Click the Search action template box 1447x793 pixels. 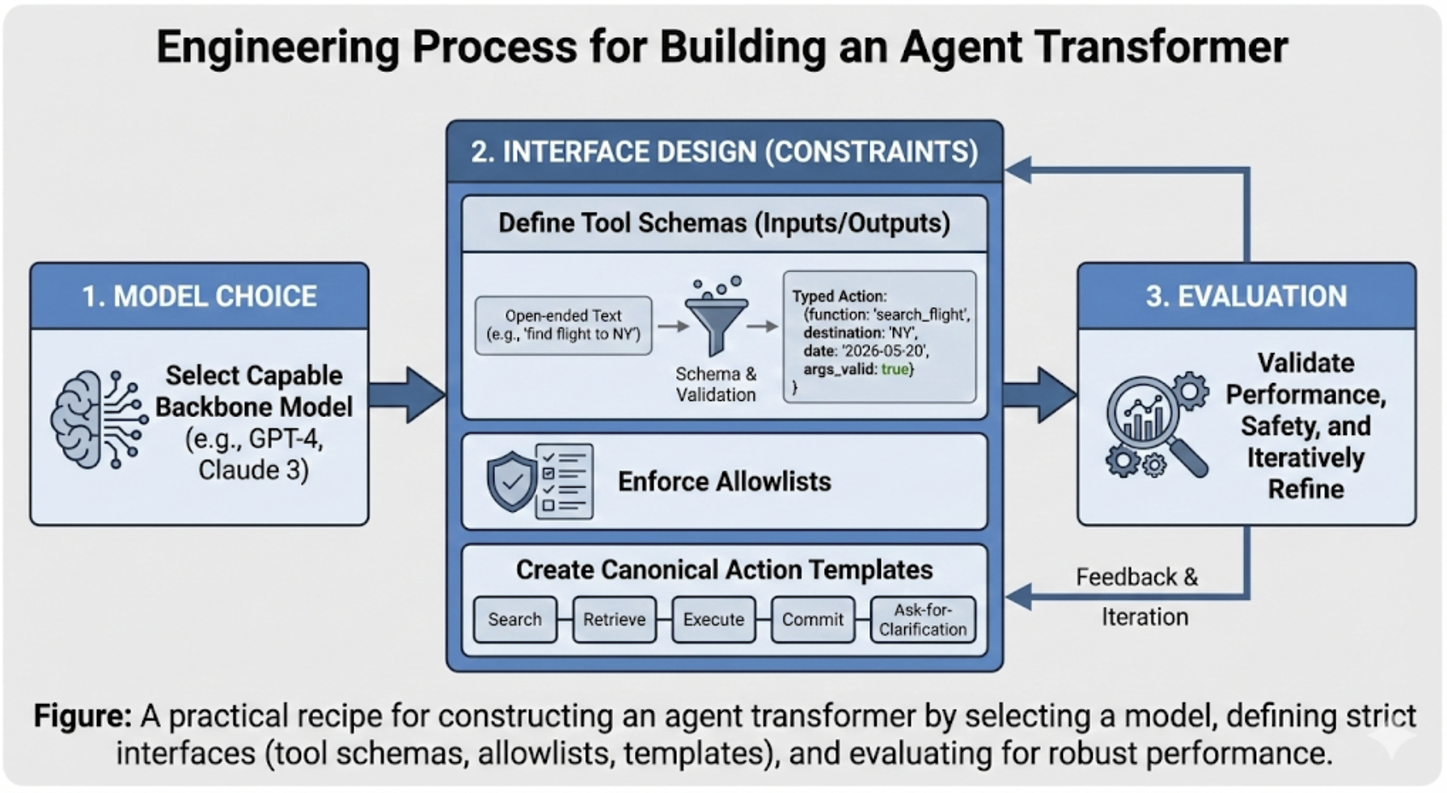(x=514, y=619)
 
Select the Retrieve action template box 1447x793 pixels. (x=614, y=619)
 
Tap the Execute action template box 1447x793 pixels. (x=713, y=619)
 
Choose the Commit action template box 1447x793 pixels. (x=812, y=619)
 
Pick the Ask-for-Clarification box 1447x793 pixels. (x=923, y=619)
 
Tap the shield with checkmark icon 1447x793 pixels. (x=511, y=481)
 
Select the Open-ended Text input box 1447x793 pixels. (x=563, y=325)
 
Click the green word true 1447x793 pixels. (x=895, y=369)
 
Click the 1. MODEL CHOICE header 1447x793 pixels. (x=199, y=296)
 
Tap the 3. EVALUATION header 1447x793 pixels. (x=1246, y=296)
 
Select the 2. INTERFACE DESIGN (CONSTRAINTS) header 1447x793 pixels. (x=724, y=152)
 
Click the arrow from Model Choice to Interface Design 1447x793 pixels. (x=408, y=394)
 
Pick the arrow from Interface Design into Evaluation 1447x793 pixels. (x=1040, y=394)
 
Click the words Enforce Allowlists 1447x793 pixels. (x=724, y=482)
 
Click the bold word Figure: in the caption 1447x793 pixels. (x=82, y=716)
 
